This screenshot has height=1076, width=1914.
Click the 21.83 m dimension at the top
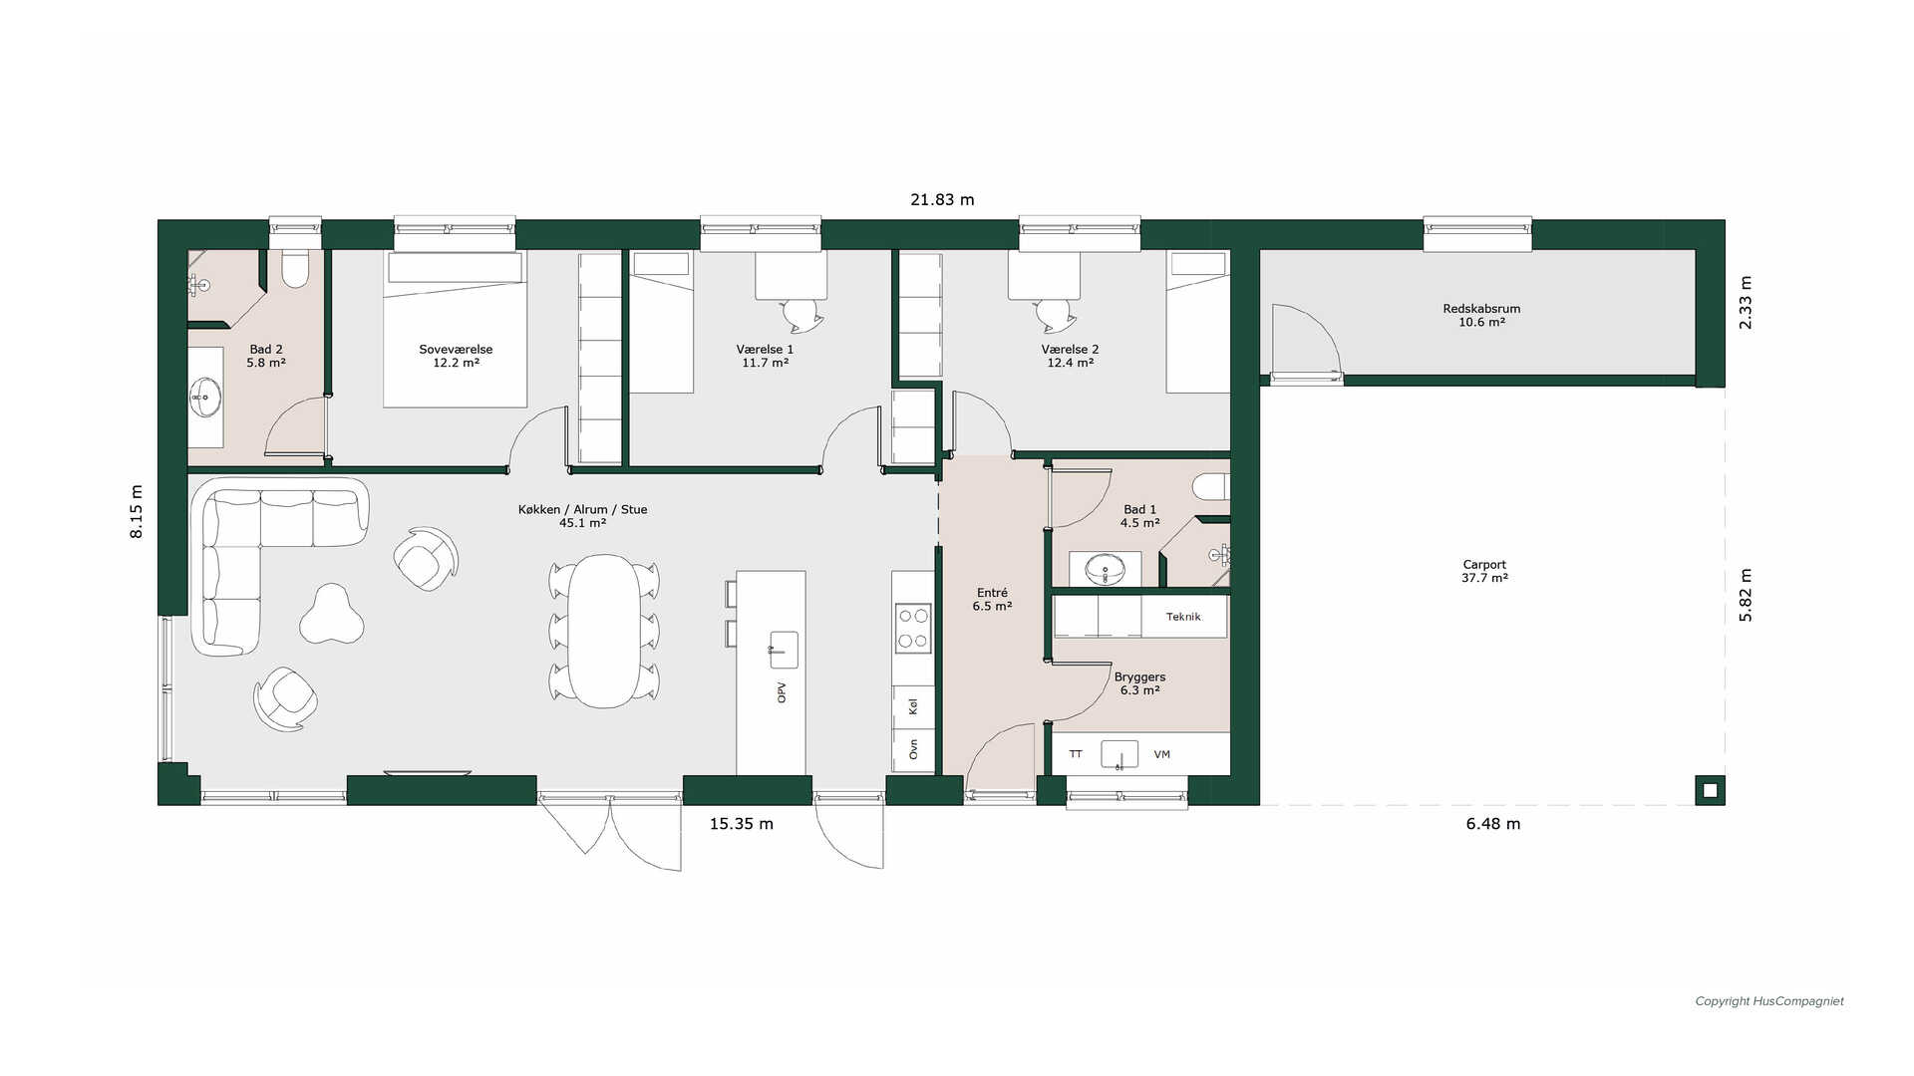pyautogui.click(x=942, y=199)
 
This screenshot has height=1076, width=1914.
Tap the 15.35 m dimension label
pyautogui.click(x=741, y=824)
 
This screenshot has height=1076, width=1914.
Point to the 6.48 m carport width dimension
pyautogui.click(x=1493, y=824)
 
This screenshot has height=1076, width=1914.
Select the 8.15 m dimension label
pyautogui.click(x=137, y=511)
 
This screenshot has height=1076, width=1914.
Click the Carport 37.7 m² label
pyautogui.click(x=1484, y=571)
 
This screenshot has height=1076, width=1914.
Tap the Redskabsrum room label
pyautogui.click(x=1481, y=309)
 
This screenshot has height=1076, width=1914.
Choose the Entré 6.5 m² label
pyautogui.click(x=992, y=599)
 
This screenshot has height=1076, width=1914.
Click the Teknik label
pyautogui.click(x=1183, y=617)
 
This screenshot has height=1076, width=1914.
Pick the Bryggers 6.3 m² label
pyautogui.click(x=1139, y=683)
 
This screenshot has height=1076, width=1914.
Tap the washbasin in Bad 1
pyautogui.click(x=1105, y=570)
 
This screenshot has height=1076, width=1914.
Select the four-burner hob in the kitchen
pyautogui.click(x=912, y=628)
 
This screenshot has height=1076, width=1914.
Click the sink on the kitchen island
pyautogui.click(x=784, y=650)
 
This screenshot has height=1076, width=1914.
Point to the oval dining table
pyautogui.click(x=603, y=631)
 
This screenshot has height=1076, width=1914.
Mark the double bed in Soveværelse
pyautogui.click(x=456, y=329)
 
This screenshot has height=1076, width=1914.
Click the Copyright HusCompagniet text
pyautogui.click(x=1769, y=1001)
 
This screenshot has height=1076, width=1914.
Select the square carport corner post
pyautogui.click(x=1711, y=790)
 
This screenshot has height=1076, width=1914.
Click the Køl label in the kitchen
pyautogui.click(x=912, y=706)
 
